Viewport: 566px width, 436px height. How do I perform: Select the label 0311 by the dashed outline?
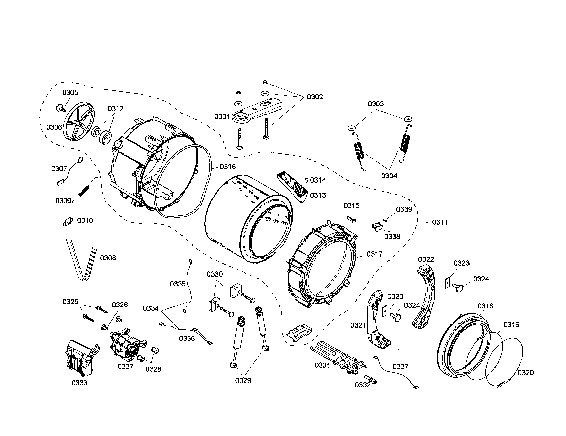tap(440, 222)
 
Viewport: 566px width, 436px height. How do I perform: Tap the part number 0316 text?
tap(227, 167)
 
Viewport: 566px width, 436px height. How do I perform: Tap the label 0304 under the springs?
tap(389, 176)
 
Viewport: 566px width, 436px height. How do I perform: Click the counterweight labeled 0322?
tap(425, 295)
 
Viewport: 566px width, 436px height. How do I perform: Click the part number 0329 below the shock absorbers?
tap(243, 380)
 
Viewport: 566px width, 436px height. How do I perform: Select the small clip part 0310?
tap(68, 222)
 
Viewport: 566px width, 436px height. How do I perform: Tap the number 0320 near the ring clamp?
tap(526, 373)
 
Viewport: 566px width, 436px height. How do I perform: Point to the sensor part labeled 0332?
tap(371, 379)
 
